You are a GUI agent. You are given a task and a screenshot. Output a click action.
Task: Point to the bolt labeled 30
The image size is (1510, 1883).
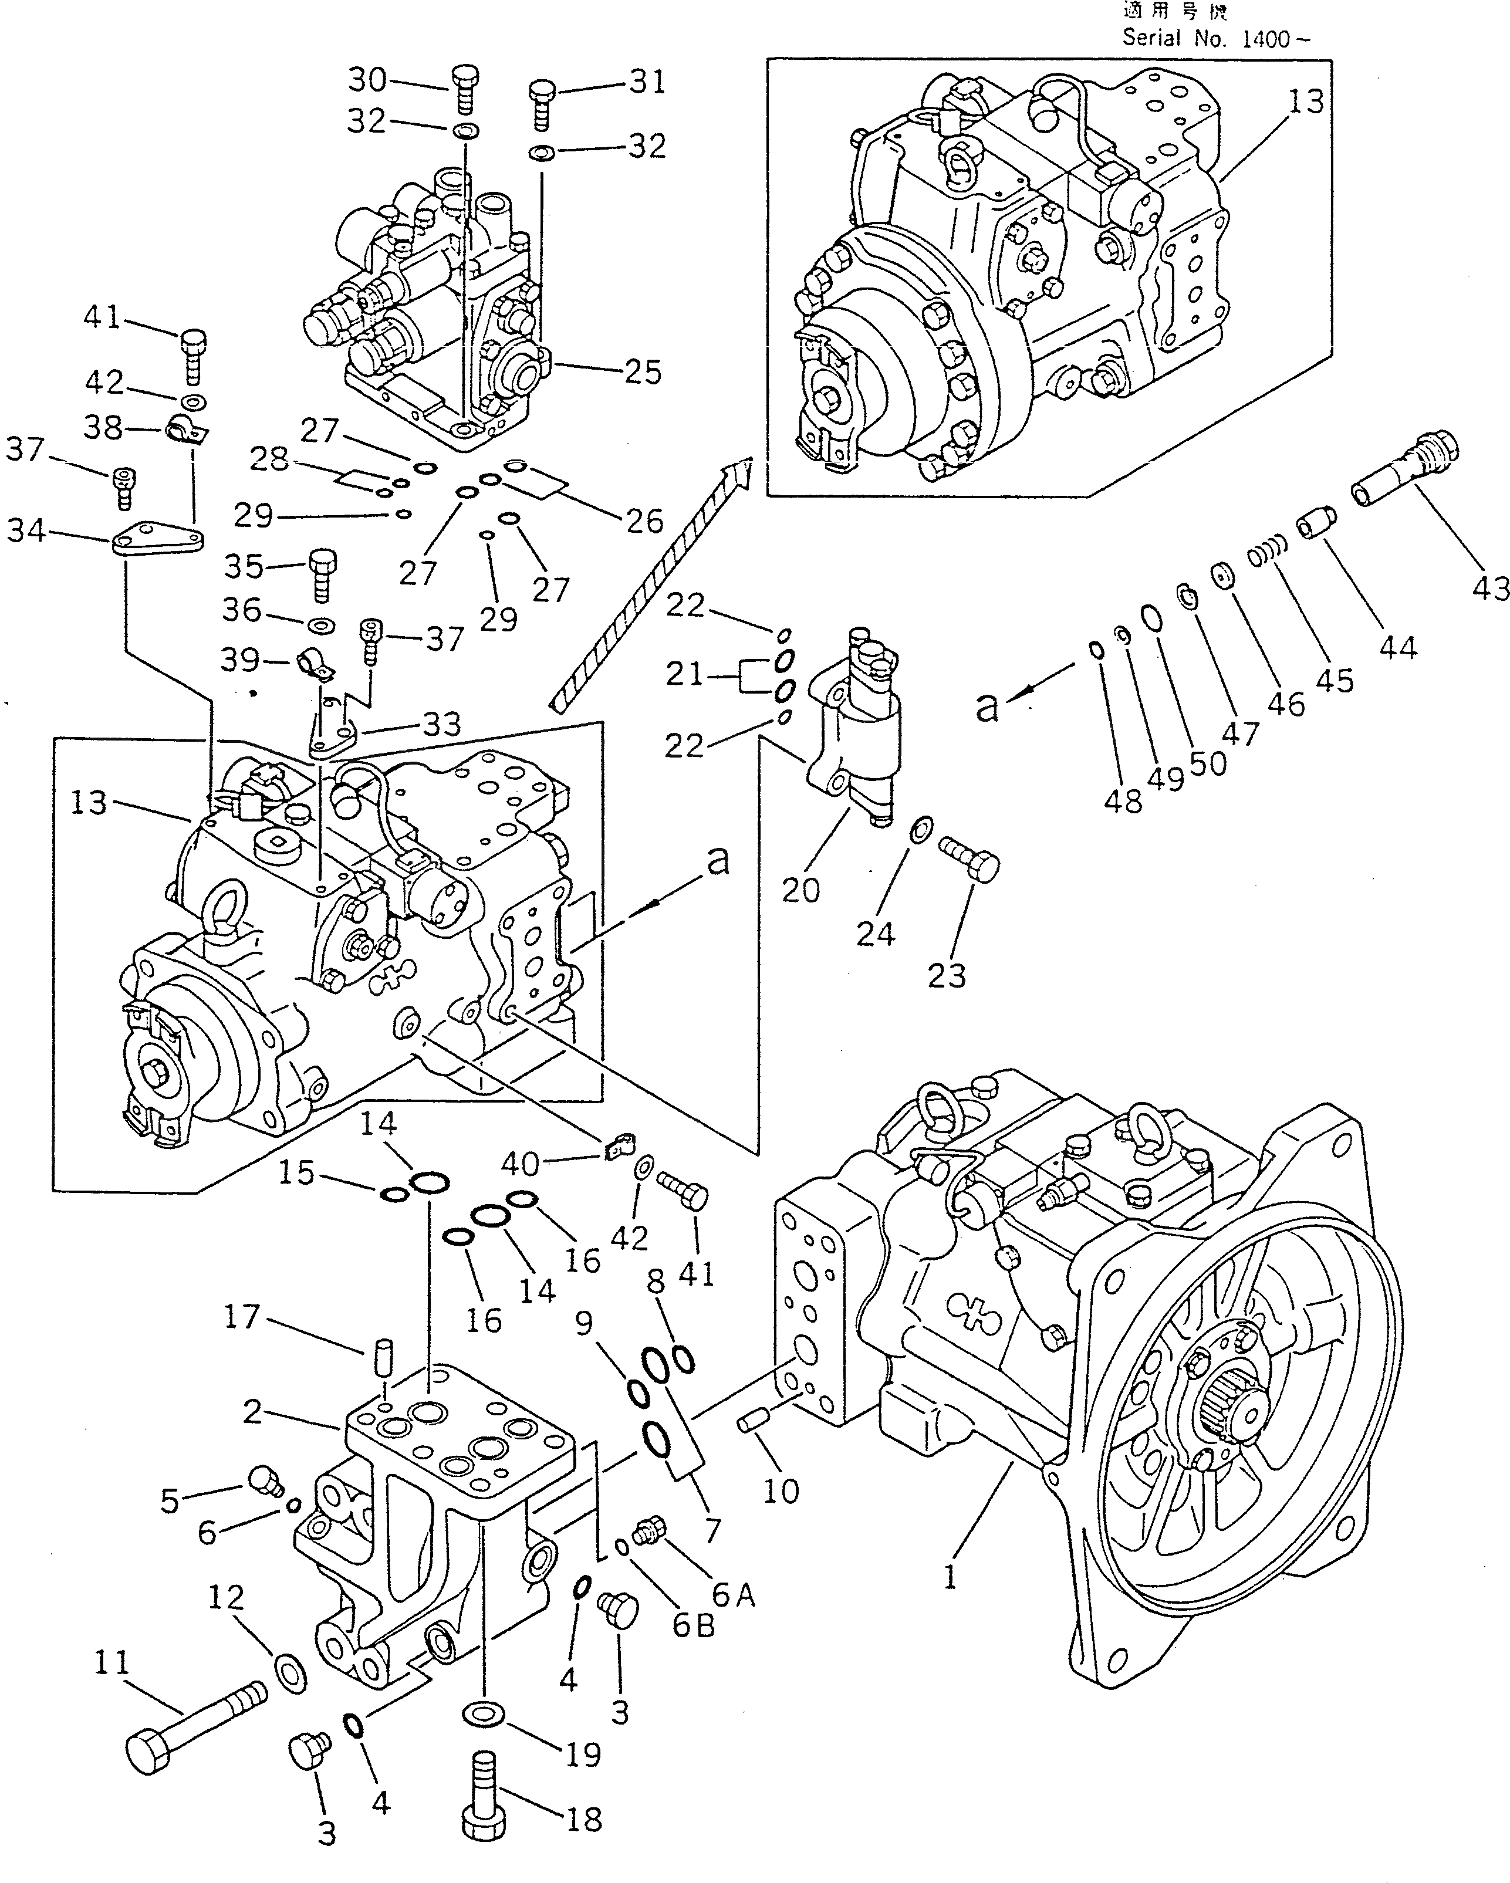coord(465,89)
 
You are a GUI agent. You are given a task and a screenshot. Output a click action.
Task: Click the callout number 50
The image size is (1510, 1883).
coord(1208,764)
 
